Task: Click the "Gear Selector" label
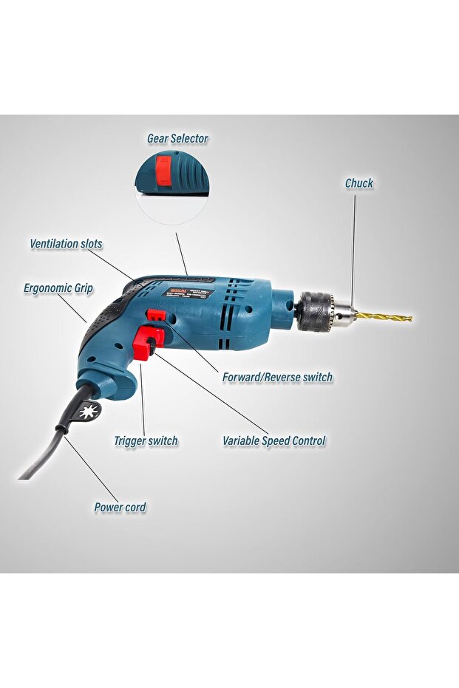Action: (177, 138)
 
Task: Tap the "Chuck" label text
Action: (359, 183)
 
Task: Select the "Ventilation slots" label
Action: (66, 243)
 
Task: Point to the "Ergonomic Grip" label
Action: (58, 288)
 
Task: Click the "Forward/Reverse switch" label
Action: (277, 377)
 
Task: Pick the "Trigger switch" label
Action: (146, 440)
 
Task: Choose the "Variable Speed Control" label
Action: (274, 440)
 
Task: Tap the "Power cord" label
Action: (120, 507)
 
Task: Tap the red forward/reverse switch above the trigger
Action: (155, 316)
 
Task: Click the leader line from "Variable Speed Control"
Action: (214, 396)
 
